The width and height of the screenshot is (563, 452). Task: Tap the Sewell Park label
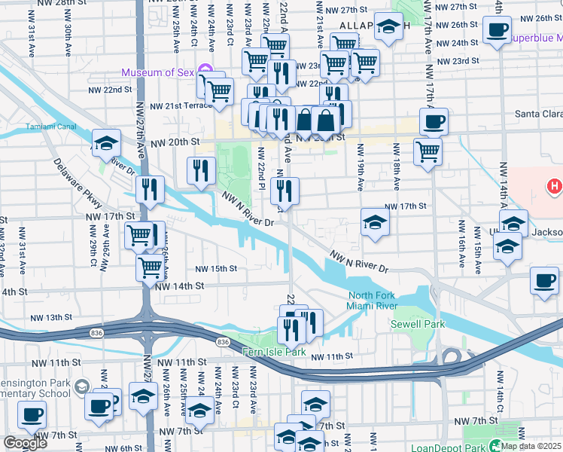[x=417, y=325]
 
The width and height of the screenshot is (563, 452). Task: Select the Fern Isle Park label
[x=273, y=352]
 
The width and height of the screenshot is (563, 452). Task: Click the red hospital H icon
[x=555, y=185]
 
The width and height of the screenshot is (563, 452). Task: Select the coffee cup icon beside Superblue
[x=496, y=31]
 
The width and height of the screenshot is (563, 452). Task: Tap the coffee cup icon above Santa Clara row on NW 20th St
[x=434, y=121]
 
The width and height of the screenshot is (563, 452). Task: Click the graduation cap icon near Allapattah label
[x=388, y=28]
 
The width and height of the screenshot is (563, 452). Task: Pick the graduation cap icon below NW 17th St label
[x=374, y=222]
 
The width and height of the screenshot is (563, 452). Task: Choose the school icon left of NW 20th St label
[x=106, y=143]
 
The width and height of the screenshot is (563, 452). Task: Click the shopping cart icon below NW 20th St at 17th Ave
[x=428, y=151]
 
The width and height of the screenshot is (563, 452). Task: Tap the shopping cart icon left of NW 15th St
[x=150, y=266]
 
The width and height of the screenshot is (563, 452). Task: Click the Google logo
[x=25, y=443]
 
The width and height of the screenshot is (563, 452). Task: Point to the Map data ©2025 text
[x=531, y=446]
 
